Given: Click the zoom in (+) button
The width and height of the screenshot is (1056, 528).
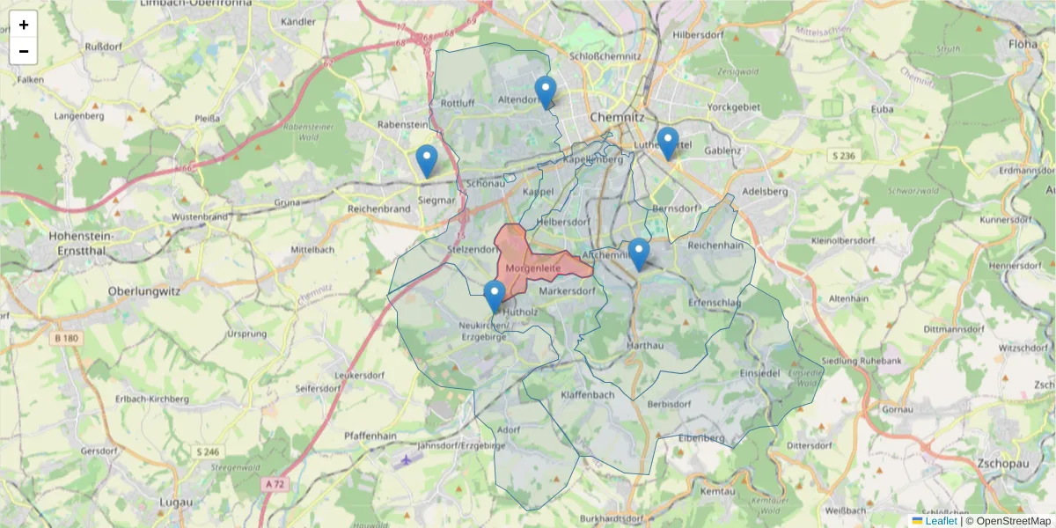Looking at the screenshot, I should (x=24, y=25).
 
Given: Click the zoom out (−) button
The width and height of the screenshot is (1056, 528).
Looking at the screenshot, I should (x=24, y=51).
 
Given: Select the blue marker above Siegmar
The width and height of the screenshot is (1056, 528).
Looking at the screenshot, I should (x=427, y=160).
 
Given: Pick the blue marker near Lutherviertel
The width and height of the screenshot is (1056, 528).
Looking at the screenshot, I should (x=668, y=143).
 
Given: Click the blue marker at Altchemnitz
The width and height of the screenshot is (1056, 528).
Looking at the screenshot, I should (x=638, y=253).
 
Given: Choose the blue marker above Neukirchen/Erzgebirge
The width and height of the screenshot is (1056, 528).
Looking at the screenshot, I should (x=495, y=296).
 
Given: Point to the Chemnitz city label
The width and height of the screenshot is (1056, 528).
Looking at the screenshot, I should (x=618, y=117).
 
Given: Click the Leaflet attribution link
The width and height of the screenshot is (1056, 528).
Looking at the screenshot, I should (x=941, y=521).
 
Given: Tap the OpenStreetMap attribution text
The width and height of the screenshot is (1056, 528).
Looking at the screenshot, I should (x=1008, y=521).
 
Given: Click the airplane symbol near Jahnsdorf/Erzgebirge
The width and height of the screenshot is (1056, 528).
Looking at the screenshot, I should (x=406, y=459).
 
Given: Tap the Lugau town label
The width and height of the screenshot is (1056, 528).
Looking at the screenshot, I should (x=172, y=502).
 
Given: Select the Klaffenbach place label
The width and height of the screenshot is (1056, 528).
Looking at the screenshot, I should (x=587, y=395).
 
